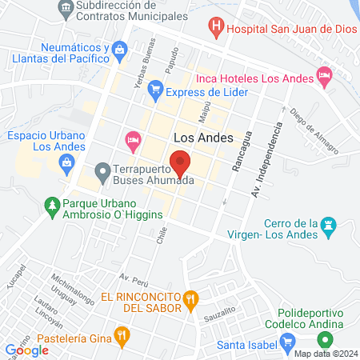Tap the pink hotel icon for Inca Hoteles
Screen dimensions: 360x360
pos(324,78)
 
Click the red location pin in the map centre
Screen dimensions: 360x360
pos(181,164)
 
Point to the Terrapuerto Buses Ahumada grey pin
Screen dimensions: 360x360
pos(102,171)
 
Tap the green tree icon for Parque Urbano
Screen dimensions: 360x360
pos(52,206)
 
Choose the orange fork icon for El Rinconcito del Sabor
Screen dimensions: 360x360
pos(190,302)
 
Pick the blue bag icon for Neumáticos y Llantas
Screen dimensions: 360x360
pos(119,50)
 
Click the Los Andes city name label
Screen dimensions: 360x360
pos(202,138)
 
